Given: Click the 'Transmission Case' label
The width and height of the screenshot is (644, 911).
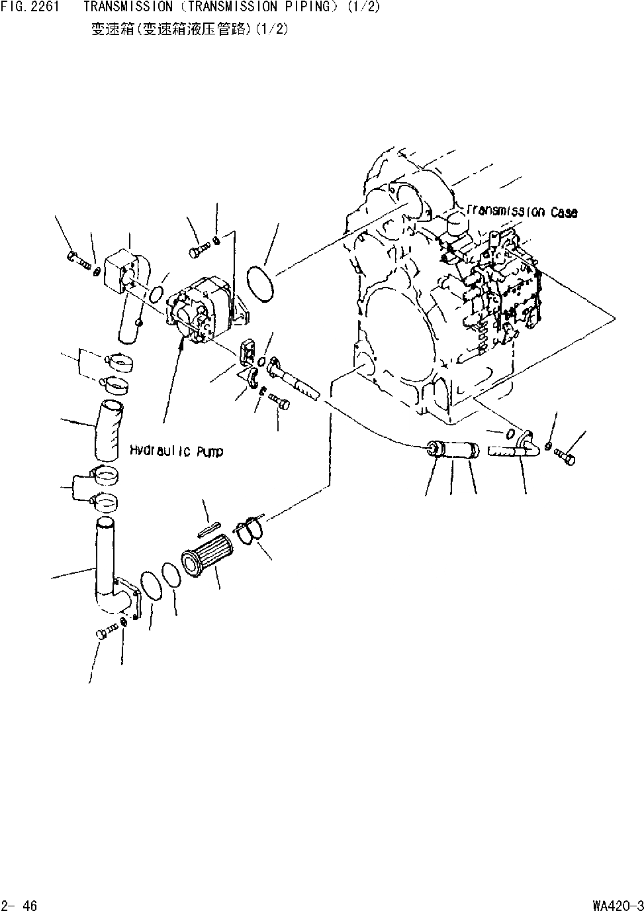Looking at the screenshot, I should tap(522, 212).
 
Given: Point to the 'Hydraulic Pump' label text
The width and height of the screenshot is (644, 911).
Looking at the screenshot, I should tap(176, 451).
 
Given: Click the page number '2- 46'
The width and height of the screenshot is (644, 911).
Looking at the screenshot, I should tap(19, 905).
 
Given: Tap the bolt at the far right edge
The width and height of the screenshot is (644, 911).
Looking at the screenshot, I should tap(565, 456).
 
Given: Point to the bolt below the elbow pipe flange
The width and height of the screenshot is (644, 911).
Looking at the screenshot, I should tap(105, 633).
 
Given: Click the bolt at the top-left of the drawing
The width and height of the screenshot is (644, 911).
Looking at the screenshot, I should tap(77, 260).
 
